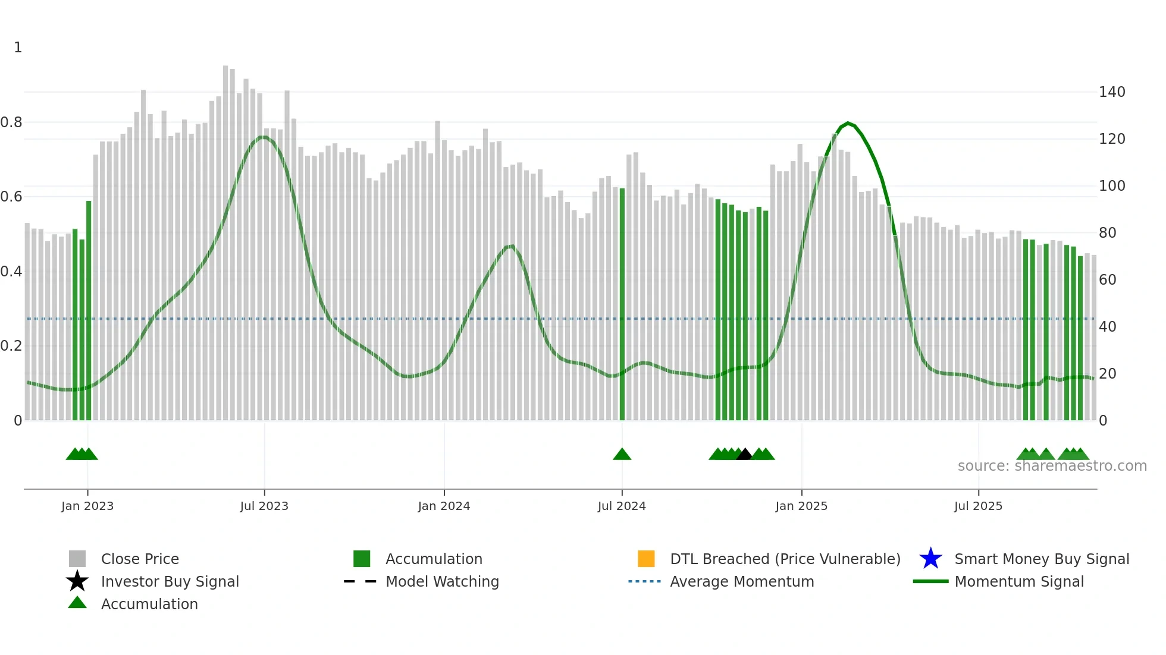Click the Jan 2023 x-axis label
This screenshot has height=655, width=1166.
click(x=87, y=506)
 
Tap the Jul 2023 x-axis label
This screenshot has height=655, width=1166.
click(x=264, y=506)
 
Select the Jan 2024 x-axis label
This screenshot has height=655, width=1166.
click(x=444, y=506)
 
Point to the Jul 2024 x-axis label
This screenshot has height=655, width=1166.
click(x=622, y=506)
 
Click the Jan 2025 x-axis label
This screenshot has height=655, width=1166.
click(x=801, y=506)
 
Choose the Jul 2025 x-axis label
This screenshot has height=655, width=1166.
click(x=978, y=506)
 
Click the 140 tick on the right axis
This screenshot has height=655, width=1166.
click(x=1112, y=92)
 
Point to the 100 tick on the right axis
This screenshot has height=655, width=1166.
click(x=1112, y=186)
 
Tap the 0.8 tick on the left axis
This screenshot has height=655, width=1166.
click(x=11, y=122)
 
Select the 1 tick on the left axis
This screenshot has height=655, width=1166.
click(x=18, y=48)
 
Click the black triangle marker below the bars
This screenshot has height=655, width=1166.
click(x=744, y=454)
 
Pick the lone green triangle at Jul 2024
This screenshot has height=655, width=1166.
click(x=622, y=454)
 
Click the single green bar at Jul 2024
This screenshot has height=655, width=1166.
click(x=622, y=303)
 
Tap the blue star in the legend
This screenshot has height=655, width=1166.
click(x=930, y=559)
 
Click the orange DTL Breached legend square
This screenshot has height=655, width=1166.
click(x=646, y=559)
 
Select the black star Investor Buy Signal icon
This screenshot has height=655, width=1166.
click(x=77, y=581)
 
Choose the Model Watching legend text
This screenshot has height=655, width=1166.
click(x=442, y=581)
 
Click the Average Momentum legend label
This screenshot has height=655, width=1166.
click(x=742, y=581)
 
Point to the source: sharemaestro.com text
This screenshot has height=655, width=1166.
click(x=1052, y=466)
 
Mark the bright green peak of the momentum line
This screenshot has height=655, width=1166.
click(x=848, y=123)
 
